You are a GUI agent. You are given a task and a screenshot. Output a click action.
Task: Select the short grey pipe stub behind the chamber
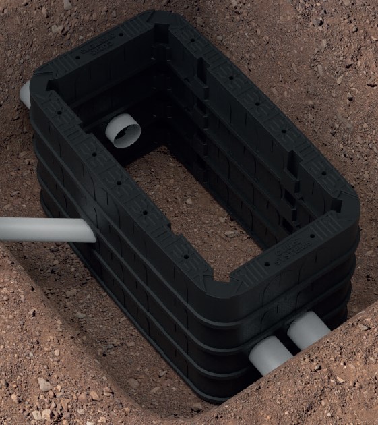click(x=25, y=93)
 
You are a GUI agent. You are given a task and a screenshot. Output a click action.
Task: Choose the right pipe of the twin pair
click(x=309, y=329)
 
